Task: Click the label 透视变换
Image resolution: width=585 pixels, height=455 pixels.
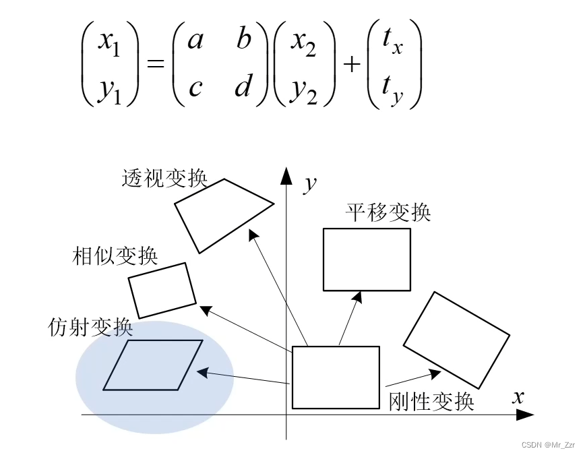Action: coord(164,178)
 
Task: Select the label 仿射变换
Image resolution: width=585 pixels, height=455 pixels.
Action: coord(90,328)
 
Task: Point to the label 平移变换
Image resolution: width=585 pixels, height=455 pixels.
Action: coord(388,212)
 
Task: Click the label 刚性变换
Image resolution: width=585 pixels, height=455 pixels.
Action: coord(431,402)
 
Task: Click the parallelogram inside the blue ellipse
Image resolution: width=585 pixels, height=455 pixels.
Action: coord(153,365)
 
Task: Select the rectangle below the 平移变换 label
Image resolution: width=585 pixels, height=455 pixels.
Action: coord(367,260)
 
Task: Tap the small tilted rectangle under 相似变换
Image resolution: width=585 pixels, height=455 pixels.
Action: coord(162,290)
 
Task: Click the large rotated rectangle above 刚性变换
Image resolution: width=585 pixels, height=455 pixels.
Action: coord(456,339)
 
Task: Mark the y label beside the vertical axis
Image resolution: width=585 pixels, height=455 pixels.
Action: coord(310,183)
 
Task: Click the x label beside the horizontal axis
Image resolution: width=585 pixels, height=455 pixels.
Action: coord(518,396)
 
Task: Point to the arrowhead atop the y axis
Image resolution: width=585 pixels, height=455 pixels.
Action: coord(286,175)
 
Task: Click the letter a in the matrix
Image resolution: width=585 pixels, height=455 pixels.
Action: coord(195,41)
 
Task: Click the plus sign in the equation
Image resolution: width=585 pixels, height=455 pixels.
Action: coord(352,65)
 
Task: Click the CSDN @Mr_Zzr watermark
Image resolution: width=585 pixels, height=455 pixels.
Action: coord(549,445)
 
